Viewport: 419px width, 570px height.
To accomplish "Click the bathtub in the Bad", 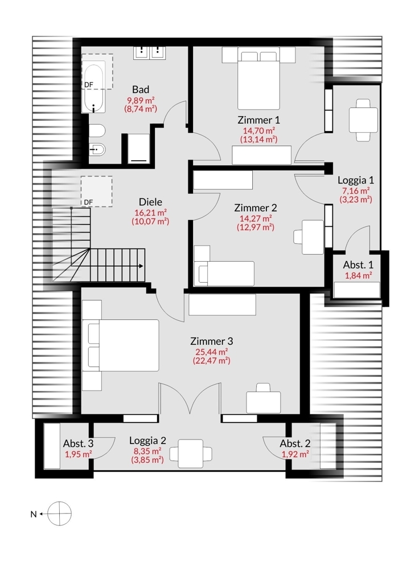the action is coord(94,89).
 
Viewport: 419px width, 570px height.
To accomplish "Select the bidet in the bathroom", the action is coord(97,149).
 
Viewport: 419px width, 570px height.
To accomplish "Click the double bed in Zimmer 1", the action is coord(258,80).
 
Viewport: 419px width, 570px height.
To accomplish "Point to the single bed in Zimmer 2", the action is coord(224,274).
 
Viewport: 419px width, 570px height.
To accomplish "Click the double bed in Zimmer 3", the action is coord(121,345).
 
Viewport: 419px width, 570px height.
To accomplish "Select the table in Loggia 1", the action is coord(363,120).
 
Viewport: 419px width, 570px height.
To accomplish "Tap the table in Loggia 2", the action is coord(191,454).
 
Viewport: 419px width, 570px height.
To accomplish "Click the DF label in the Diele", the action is coord(88,202).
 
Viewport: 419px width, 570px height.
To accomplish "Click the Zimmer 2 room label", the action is coord(256,208).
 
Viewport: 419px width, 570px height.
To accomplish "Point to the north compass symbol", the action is coord(59,514).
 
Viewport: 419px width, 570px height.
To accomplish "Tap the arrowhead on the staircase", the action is coord(141,266).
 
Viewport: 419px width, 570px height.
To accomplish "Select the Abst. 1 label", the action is coord(358,264).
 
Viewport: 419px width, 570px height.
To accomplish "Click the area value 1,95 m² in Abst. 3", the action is coord(78,454).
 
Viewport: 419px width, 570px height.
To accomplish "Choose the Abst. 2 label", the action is coord(295,443).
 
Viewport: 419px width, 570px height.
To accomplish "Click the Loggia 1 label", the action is coord(356,180).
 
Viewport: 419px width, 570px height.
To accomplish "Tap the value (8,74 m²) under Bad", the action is coord(141,109).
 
